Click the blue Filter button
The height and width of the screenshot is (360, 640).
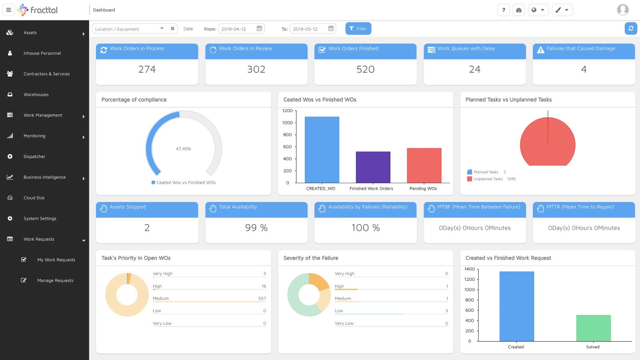coord(358,29)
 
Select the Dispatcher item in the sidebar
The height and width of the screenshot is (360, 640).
coord(34,156)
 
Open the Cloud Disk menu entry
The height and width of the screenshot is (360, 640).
coord(34,198)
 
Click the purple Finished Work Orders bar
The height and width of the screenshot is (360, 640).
coord(373,167)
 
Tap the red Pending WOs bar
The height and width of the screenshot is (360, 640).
coord(424,166)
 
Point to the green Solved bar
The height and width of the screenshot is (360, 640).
coord(593,328)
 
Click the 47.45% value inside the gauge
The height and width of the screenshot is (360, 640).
coord(184,149)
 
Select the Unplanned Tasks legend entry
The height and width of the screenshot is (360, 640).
coord(488,179)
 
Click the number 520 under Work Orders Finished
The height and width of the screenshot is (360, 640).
coord(365,69)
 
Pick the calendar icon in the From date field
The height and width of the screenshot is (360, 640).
coord(259,28)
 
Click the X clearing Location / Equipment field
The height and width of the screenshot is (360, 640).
coord(172,28)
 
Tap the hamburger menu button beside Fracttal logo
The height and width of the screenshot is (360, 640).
coord(8,10)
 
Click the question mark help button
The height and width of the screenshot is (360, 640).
coord(504,10)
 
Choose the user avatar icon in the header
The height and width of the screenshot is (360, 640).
coord(622,10)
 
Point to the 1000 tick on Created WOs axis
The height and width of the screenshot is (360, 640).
coord(288,123)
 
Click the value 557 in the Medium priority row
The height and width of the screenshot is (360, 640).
coord(262,298)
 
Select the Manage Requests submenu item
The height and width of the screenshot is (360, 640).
coord(55,280)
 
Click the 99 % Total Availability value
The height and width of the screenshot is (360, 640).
coord(256,228)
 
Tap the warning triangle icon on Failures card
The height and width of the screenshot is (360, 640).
coord(540,50)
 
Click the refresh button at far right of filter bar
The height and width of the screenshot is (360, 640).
coord(631,28)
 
